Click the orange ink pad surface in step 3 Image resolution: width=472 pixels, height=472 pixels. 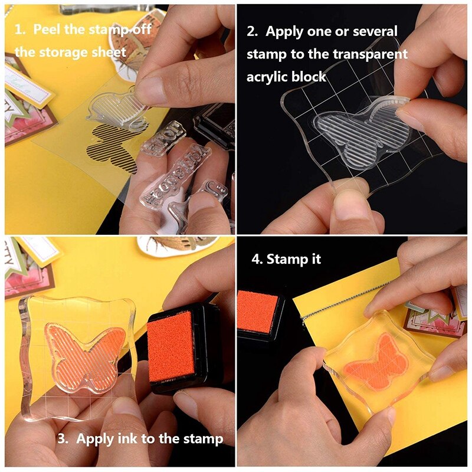tap(172, 352)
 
